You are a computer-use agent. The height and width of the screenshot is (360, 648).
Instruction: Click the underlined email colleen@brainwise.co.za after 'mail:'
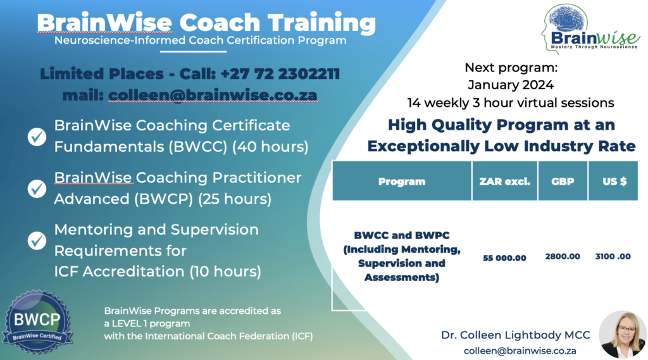click(x=213, y=95)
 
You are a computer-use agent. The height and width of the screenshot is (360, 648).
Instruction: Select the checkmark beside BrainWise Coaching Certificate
click(x=37, y=136)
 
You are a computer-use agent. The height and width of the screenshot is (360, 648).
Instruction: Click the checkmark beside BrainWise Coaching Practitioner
click(x=37, y=188)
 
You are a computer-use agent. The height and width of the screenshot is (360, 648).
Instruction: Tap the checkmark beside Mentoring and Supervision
click(x=37, y=240)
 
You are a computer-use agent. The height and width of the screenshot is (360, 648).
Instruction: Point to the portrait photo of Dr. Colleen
click(x=621, y=334)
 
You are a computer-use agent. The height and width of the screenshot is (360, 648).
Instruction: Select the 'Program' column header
click(x=401, y=182)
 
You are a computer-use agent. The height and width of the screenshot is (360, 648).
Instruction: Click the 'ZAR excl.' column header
click(x=504, y=182)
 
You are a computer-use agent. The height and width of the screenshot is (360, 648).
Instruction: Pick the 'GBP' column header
click(x=562, y=182)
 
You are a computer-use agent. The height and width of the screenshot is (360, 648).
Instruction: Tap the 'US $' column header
click(x=613, y=182)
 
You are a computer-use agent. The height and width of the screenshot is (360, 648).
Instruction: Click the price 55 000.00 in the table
click(x=504, y=258)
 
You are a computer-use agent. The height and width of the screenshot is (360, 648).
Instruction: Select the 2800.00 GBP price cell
click(x=562, y=256)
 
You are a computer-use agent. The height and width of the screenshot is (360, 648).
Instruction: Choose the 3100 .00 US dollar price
click(x=613, y=256)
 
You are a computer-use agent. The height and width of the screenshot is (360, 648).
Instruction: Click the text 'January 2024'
click(x=510, y=85)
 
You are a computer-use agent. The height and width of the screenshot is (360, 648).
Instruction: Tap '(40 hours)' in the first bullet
click(x=270, y=147)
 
